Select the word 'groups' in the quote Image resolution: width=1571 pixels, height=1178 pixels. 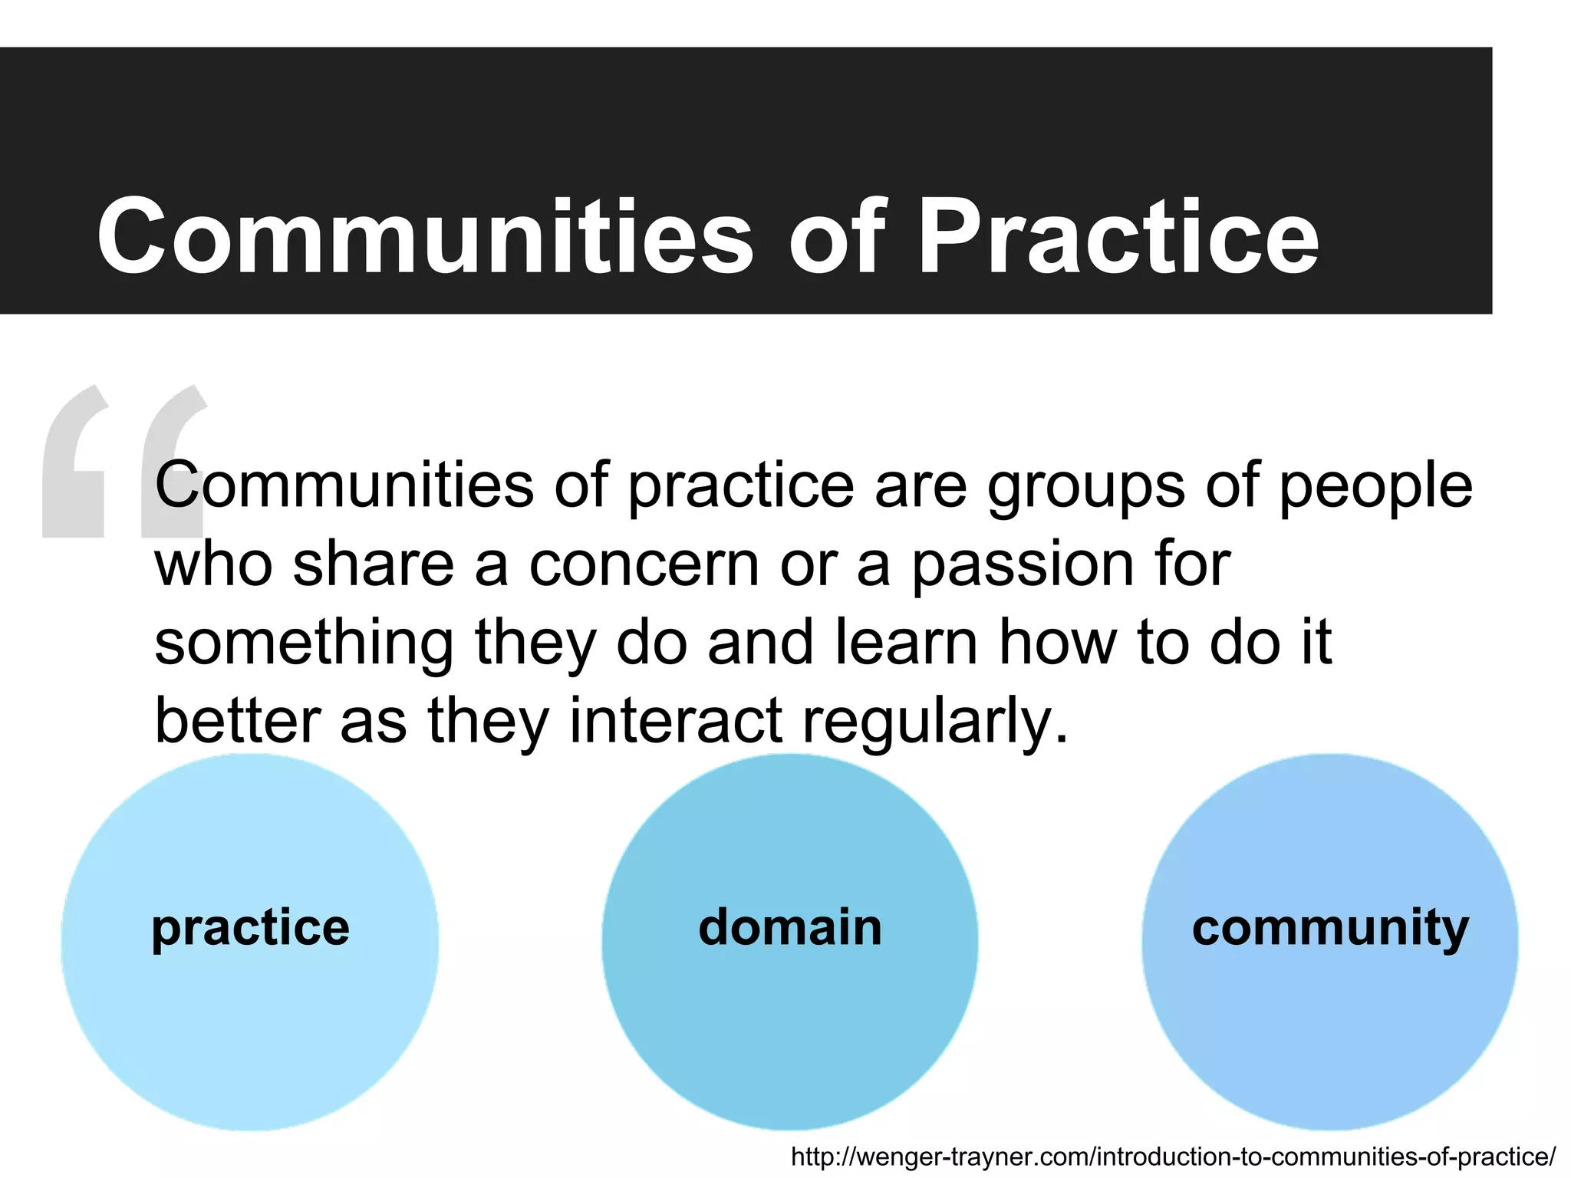point(1085,487)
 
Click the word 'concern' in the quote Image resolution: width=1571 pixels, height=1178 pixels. point(644,564)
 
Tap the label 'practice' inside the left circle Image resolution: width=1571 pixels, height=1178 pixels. point(250,929)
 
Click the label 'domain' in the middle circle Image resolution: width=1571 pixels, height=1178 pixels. point(790,927)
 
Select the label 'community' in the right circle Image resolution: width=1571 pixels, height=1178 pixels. point(1330,929)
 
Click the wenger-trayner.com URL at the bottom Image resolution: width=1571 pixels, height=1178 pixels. point(1173,1157)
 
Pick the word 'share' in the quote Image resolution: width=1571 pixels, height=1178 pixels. point(374,564)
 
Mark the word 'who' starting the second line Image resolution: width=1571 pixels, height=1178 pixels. point(213,564)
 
